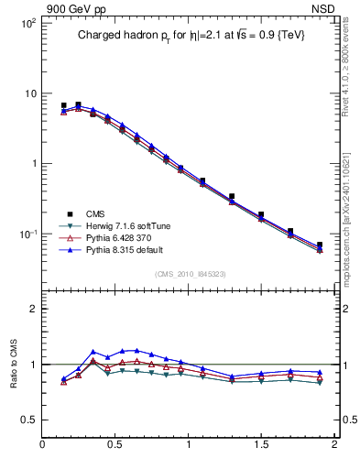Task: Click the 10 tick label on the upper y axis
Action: [28, 93]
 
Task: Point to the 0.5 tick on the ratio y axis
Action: [27, 420]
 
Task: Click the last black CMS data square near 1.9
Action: [320, 245]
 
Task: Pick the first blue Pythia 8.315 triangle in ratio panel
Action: [63, 378]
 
